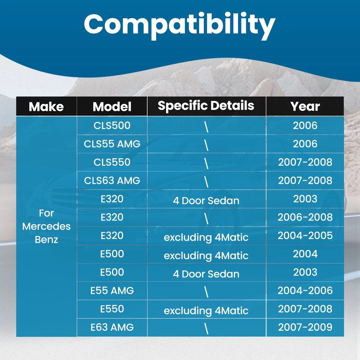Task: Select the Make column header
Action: (x=46, y=106)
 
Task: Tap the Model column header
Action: (x=112, y=106)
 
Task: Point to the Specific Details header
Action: (x=206, y=106)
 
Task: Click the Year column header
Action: (x=305, y=106)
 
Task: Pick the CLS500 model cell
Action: (x=112, y=125)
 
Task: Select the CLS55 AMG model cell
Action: (x=112, y=144)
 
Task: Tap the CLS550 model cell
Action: (x=112, y=162)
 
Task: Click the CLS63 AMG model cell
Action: (x=112, y=180)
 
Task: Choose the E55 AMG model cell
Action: (x=112, y=290)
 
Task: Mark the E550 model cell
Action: (x=112, y=309)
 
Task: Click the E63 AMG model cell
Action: (x=112, y=327)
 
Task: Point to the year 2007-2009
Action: (x=305, y=327)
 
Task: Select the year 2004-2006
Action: (x=305, y=290)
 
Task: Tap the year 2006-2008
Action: (x=305, y=217)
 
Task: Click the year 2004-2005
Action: (x=305, y=235)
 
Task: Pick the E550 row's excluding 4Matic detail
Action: (x=206, y=311)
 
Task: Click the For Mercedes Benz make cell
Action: (x=46, y=226)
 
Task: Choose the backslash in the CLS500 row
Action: (x=206, y=127)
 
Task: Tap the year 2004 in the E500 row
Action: (x=305, y=254)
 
